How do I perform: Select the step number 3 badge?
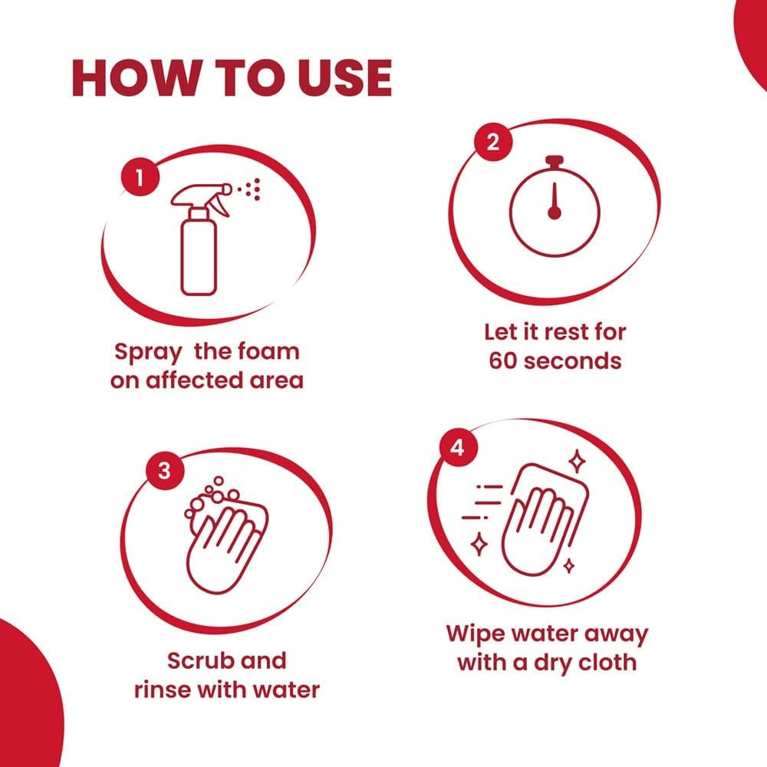tap(163, 471)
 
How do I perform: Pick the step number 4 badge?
tap(457, 448)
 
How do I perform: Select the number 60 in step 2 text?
tap(506, 360)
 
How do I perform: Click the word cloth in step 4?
tap(604, 662)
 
